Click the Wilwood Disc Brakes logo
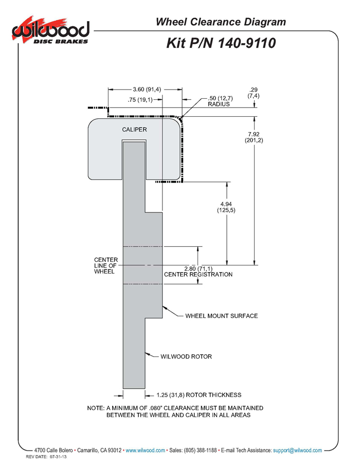(50, 31)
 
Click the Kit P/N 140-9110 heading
(221, 43)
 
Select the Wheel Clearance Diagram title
(221, 22)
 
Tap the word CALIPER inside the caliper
(134, 130)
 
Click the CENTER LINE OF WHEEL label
(106, 265)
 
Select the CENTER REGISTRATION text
(199, 274)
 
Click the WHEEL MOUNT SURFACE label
(222, 316)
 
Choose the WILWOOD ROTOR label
(186, 356)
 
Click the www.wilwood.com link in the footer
(146, 450)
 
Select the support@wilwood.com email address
(297, 450)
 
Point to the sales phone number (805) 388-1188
(201, 450)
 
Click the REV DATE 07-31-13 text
(46, 457)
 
